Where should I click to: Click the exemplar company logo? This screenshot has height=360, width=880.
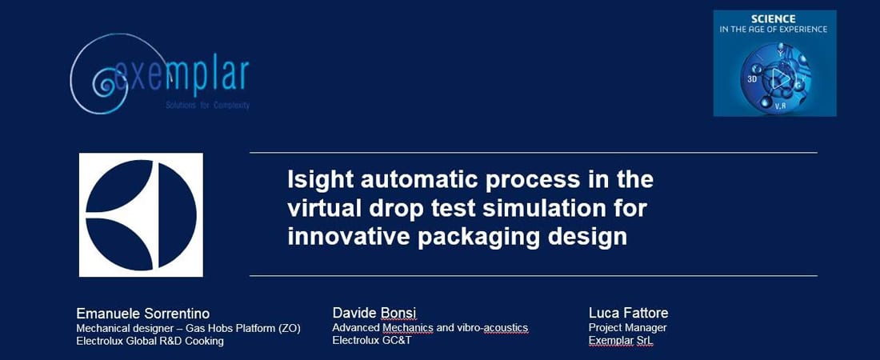coord(160,74)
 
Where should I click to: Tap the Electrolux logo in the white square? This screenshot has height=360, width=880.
coord(141,214)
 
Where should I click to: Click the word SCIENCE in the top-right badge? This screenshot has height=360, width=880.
coord(774,18)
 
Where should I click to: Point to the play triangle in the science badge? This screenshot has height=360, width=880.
coord(779,78)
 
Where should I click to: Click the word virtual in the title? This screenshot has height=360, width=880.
coord(324,208)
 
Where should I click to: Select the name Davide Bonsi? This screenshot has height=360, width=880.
coord(374,313)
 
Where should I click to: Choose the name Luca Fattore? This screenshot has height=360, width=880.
coord(629,313)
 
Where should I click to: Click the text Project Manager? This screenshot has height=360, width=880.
coord(627,327)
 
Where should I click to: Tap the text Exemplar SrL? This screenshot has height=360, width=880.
coord(621,340)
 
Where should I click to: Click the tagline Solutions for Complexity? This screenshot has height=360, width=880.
coord(208,106)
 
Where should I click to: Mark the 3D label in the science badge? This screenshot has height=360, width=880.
coord(752,79)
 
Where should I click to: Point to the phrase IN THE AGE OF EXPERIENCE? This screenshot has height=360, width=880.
coord(774,30)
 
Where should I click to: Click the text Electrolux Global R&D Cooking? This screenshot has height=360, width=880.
coord(150,341)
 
